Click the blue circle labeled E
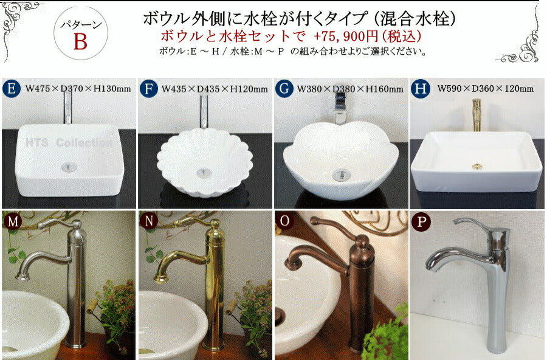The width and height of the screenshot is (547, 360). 11,88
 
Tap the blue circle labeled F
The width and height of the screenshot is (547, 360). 149,88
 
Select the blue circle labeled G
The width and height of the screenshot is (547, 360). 284,88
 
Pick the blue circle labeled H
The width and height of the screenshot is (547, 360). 421,89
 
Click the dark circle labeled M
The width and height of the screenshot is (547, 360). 13,221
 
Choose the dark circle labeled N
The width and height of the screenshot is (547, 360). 149,221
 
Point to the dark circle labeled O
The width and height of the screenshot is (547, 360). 284,221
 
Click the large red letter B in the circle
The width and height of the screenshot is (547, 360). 80,42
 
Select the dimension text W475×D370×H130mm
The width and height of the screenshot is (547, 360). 78,89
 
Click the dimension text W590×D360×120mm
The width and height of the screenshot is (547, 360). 485,89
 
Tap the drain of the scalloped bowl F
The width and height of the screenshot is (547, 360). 204,173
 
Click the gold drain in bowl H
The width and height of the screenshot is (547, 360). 476,167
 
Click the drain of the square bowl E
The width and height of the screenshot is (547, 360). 69,167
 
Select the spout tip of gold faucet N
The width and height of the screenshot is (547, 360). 161,279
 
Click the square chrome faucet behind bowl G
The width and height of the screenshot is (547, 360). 340,109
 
